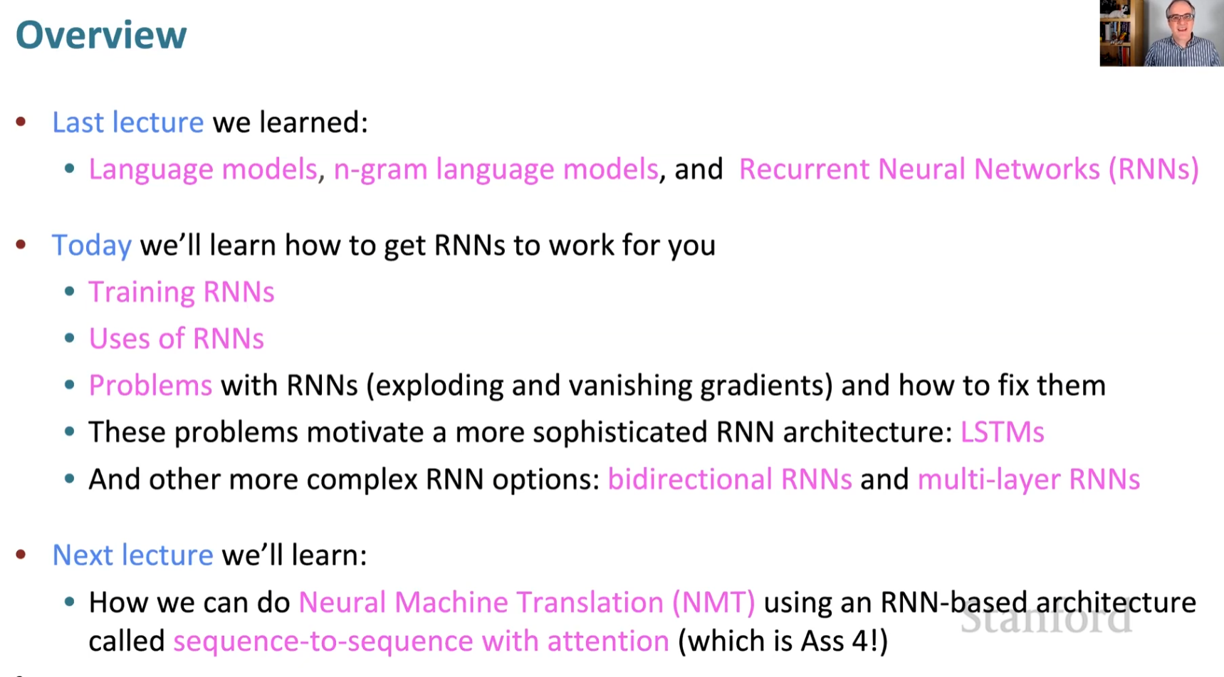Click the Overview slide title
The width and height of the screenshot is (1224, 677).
click(101, 35)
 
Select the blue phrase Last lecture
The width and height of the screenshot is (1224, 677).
click(128, 122)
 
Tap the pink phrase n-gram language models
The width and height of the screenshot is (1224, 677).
click(496, 169)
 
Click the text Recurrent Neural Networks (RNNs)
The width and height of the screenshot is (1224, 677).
click(968, 169)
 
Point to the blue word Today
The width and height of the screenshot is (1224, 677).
click(92, 246)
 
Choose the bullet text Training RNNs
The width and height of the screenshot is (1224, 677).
click(181, 293)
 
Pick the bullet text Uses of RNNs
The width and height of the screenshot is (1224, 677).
click(176, 339)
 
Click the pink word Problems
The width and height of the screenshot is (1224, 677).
click(150, 386)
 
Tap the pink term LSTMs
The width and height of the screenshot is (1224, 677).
click(1002, 432)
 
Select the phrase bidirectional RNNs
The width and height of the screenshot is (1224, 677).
click(729, 479)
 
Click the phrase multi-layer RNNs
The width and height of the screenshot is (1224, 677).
click(1028, 479)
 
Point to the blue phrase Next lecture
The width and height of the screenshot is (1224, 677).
click(132, 555)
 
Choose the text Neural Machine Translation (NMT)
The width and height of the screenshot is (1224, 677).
click(526, 602)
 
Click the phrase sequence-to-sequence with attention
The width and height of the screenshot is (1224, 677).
click(421, 641)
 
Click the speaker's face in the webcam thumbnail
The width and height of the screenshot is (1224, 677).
click(1180, 19)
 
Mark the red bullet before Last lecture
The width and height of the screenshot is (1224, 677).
click(21, 122)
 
